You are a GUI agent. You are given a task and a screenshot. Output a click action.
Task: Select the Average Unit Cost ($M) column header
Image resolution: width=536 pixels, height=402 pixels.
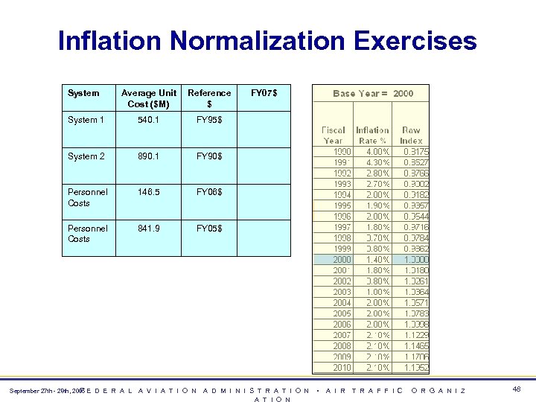click(149, 98)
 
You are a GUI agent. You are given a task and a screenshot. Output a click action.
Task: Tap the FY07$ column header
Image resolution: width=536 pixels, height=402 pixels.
click(264, 93)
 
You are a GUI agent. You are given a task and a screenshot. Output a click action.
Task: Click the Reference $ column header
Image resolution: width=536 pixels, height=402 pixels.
click(209, 98)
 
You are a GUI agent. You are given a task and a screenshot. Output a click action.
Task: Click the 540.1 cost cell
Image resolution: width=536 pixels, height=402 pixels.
click(148, 120)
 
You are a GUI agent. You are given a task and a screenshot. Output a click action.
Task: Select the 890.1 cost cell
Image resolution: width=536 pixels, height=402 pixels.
click(148, 156)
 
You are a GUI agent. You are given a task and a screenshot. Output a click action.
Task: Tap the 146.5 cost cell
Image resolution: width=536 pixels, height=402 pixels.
click(148, 192)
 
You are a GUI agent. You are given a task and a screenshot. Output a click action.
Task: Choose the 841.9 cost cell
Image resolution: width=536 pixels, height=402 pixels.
click(148, 229)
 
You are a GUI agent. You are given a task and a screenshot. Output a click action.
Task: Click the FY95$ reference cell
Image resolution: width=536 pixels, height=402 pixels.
click(209, 120)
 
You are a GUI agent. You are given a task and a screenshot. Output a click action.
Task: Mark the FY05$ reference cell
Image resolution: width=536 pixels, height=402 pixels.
click(209, 229)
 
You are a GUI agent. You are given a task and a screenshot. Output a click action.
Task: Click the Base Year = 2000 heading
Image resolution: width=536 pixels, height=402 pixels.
click(372, 93)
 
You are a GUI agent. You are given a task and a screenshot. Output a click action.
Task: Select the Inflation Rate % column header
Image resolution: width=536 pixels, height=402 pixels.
click(372, 135)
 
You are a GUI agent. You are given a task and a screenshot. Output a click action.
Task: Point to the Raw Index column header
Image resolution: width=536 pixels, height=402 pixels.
click(411, 135)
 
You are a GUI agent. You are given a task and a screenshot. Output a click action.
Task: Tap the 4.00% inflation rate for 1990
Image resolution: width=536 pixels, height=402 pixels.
click(374, 152)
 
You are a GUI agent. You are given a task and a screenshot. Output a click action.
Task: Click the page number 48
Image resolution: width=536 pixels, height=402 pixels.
click(517, 388)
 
